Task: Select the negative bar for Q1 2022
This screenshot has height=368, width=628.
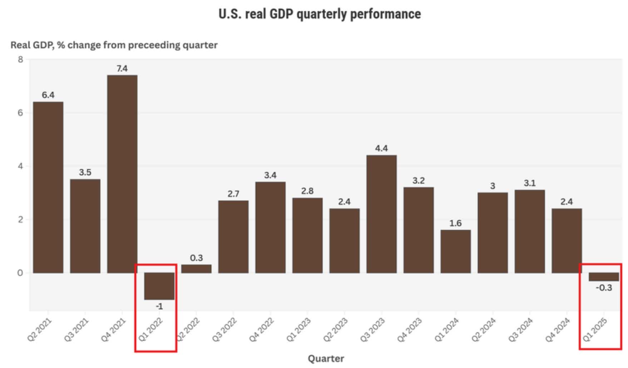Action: click(159, 286)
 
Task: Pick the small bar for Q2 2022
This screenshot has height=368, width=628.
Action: click(196, 269)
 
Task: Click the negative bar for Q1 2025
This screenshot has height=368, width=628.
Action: click(604, 277)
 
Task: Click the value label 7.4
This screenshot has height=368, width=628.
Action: click(122, 68)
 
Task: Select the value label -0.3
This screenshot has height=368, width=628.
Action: click(604, 288)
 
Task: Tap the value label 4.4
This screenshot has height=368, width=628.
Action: click(381, 148)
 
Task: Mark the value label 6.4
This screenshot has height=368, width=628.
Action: click(48, 95)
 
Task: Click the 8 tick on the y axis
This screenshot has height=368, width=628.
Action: click(20, 59)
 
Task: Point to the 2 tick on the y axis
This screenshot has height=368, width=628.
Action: click(20, 220)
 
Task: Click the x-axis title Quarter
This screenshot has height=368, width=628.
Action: click(326, 358)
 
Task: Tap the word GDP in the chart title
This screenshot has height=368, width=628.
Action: click(282, 14)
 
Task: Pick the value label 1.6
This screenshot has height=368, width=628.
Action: click(455, 223)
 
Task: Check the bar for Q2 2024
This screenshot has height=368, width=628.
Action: click(493, 232)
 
